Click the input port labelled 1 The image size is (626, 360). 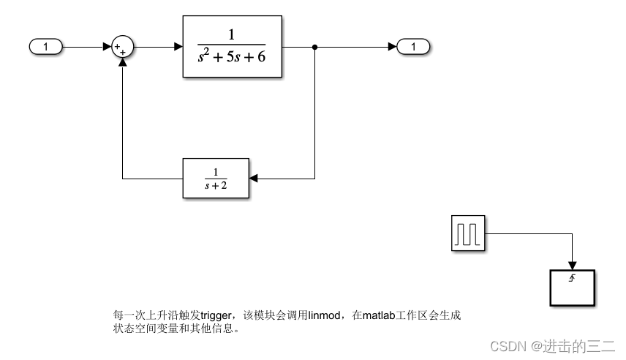[46, 48]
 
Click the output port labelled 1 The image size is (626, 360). [414, 48]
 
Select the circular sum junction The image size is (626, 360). [121, 48]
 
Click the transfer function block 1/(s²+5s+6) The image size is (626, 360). [232, 47]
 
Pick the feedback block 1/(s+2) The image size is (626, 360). [215, 178]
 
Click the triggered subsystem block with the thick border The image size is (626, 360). [573, 288]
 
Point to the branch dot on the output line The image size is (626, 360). [314, 48]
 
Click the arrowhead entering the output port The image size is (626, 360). [393, 48]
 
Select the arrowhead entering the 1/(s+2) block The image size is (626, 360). [253, 178]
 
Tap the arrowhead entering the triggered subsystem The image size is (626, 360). [573, 265]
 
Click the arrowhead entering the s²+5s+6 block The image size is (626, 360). [178, 48]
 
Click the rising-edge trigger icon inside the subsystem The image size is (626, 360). [573, 279]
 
